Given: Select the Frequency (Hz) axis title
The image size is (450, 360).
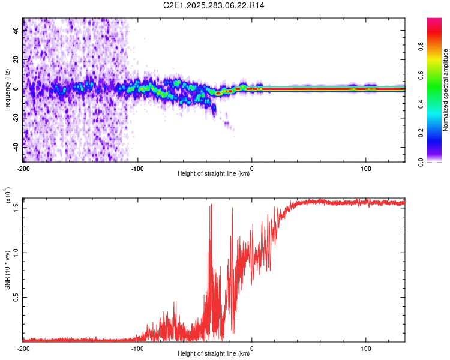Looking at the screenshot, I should point(7,90).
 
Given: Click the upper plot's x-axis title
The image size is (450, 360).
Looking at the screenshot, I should point(214,174).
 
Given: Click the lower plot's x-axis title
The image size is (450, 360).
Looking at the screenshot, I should point(214,354).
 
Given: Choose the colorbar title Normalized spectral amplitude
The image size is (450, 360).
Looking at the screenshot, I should point(446,90).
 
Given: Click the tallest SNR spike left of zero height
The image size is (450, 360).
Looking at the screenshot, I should point(211,205).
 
